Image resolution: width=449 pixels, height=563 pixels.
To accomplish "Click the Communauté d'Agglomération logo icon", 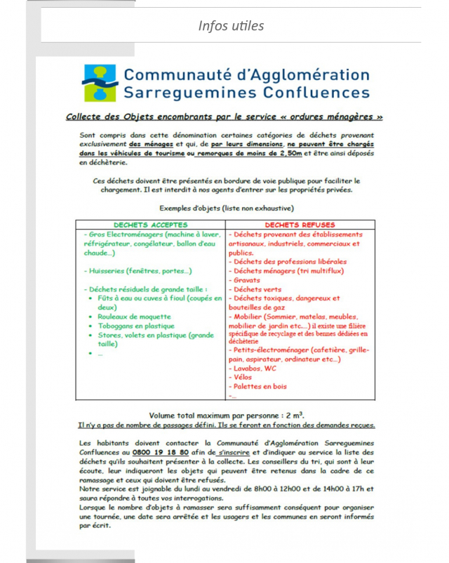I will [x=100, y=84].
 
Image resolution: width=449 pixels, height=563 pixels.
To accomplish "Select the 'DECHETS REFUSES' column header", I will [x=300, y=225].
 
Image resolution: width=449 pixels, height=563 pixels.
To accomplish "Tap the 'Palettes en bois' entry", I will [x=260, y=385].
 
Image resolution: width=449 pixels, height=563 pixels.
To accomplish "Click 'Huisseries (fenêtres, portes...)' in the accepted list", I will [x=140, y=270].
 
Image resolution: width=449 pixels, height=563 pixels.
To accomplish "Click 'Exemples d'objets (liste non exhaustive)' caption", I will [x=226, y=208].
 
